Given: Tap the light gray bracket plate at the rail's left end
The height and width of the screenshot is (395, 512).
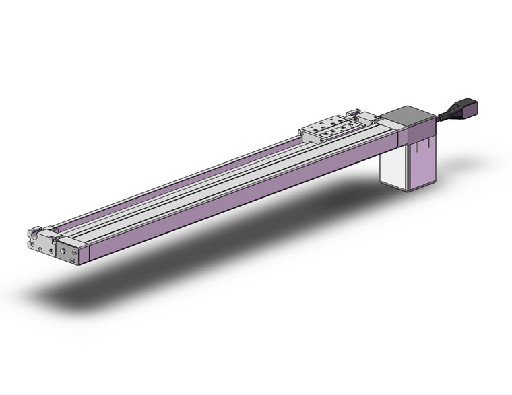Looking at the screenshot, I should coord(42,244).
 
